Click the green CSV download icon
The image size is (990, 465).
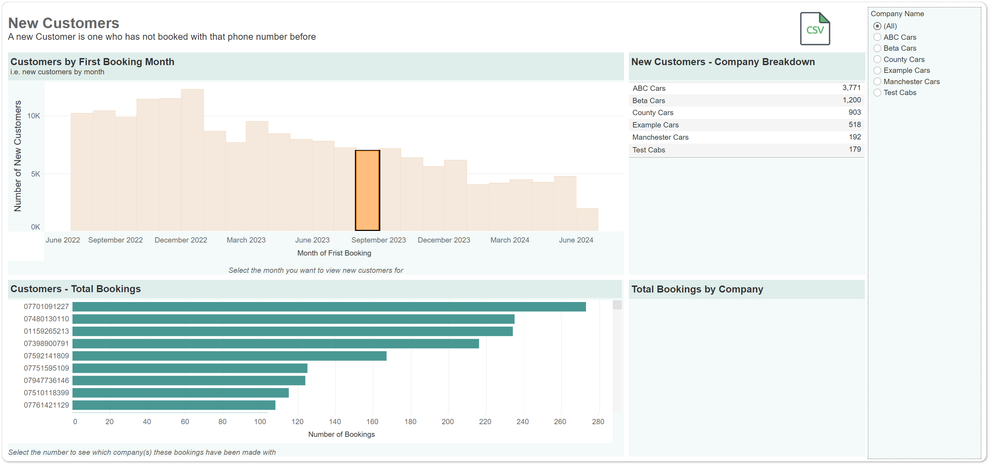click(x=815, y=29)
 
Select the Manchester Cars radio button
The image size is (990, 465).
click(x=877, y=81)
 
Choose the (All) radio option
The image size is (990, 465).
click(x=877, y=26)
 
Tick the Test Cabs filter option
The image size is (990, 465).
click(x=877, y=93)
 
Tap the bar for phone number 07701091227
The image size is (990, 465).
click(x=329, y=307)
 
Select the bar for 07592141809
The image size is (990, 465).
click(x=229, y=356)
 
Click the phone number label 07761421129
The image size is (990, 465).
click(x=46, y=405)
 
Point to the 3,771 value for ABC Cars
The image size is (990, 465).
click(x=851, y=88)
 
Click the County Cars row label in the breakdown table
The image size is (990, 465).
click(x=652, y=113)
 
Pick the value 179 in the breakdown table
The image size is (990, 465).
click(x=855, y=149)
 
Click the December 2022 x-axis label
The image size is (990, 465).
click(x=181, y=240)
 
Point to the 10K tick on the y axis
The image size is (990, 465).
click(x=33, y=116)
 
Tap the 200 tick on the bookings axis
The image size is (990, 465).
click(x=448, y=422)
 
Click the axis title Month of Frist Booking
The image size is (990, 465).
click(x=334, y=253)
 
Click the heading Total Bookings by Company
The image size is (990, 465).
click(x=697, y=289)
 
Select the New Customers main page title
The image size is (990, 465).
click(x=64, y=23)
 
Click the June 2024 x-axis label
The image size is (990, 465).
click(x=576, y=240)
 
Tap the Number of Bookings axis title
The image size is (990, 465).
click(x=341, y=434)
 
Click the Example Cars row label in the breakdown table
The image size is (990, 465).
click(x=655, y=125)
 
